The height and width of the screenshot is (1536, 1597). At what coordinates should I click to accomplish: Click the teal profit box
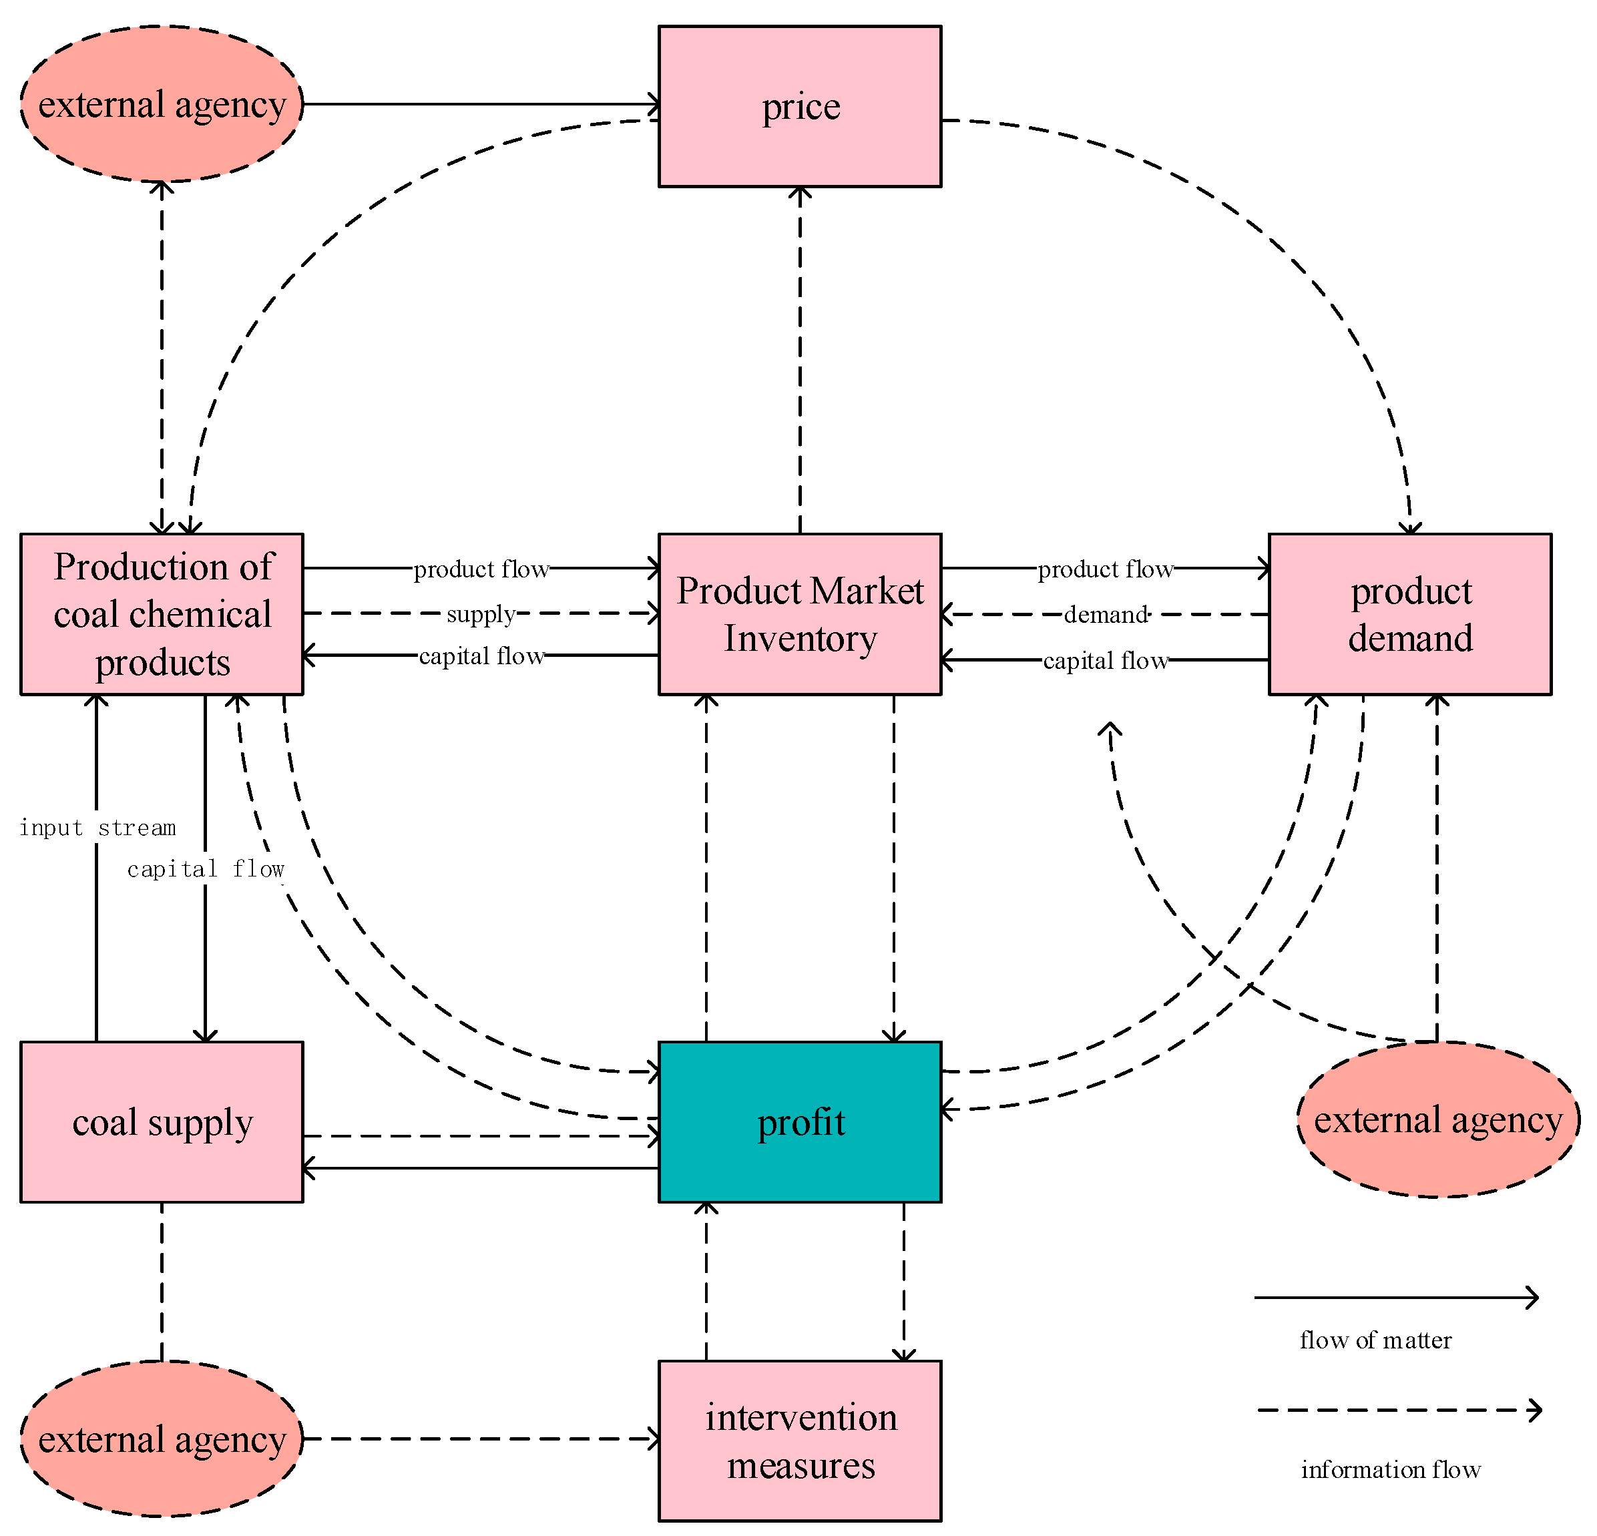click(799, 1121)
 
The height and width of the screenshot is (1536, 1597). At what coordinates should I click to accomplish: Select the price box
click(799, 106)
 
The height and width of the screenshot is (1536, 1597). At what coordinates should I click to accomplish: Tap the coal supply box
click(162, 1121)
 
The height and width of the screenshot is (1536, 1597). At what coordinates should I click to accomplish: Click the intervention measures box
click(799, 1440)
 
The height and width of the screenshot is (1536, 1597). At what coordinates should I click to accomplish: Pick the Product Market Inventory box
click(799, 613)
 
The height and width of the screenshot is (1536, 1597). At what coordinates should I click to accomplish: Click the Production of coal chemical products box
click(162, 613)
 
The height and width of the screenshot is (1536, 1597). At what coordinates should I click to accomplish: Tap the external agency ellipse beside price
click(162, 104)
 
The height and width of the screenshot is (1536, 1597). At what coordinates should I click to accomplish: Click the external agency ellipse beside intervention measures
click(162, 1439)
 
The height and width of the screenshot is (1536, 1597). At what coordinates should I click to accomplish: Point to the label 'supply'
click(481, 613)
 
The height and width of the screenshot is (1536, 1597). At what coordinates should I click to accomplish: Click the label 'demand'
click(1106, 614)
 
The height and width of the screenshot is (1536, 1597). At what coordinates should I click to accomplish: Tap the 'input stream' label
click(97, 828)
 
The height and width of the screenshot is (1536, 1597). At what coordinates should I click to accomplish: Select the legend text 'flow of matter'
click(1375, 1340)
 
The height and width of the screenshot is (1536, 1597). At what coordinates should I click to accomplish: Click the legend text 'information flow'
click(1390, 1470)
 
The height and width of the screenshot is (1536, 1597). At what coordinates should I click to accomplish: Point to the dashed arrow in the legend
click(1397, 1411)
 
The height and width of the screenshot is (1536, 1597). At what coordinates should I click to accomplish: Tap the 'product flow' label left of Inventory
click(481, 569)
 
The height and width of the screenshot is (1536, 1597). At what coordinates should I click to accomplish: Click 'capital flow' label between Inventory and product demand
click(1106, 660)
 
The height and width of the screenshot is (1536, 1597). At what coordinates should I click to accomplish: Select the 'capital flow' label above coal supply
click(206, 868)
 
